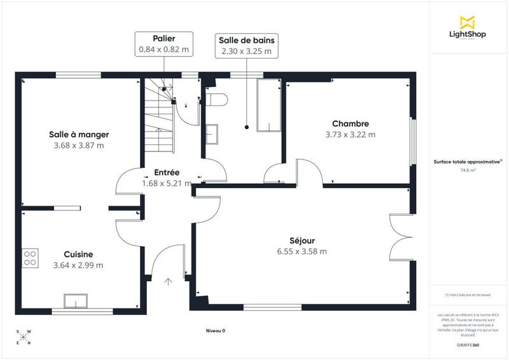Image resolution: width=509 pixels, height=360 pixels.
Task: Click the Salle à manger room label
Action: coord(79,134)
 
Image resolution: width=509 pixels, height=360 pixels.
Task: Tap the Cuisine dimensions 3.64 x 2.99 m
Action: coord(79,265)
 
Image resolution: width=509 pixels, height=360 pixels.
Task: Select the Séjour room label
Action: coord(302,240)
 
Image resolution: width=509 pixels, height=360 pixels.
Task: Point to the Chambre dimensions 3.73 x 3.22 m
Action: coord(350,134)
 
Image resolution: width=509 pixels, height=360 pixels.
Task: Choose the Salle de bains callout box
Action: coord(246,45)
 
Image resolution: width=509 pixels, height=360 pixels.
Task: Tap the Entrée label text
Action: coord(167,172)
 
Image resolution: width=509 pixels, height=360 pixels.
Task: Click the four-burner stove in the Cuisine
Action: coord(30,258)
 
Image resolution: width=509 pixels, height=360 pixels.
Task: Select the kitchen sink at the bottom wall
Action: coord(76,300)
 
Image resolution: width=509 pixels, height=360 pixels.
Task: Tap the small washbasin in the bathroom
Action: coord(211,133)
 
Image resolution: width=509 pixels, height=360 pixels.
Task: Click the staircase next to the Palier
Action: coord(158,118)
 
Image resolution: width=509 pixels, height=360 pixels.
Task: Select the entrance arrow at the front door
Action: coord(169,282)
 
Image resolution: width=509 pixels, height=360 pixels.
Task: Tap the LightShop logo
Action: coord(468,26)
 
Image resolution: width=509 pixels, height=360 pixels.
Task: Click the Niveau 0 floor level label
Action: coord(216,331)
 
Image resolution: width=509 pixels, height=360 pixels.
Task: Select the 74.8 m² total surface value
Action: coord(467,170)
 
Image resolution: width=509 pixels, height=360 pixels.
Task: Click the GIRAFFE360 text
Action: coord(467,343)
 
